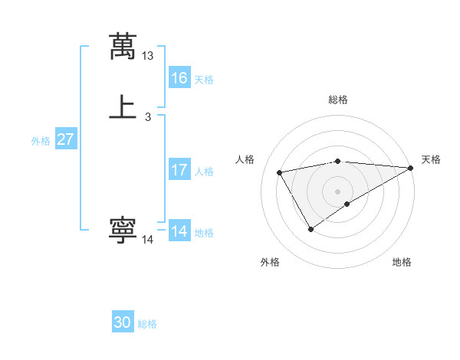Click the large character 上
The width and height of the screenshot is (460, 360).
pyautogui.click(x=123, y=107)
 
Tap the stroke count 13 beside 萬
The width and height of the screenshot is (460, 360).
pyautogui.click(x=148, y=56)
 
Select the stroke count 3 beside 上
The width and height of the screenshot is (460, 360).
pyautogui.click(x=148, y=117)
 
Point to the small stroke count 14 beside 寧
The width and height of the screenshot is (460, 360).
pyautogui.click(x=148, y=240)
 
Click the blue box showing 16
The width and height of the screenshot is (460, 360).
pyautogui.click(x=179, y=78)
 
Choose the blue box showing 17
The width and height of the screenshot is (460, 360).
pyautogui.click(x=179, y=170)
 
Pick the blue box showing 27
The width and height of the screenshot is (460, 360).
pyautogui.click(x=66, y=140)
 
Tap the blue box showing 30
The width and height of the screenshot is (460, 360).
pyautogui.click(x=123, y=323)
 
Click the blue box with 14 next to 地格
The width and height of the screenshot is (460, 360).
pyautogui.click(x=179, y=231)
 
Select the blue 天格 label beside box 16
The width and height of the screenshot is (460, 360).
pyautogui.click(x=204, y=80)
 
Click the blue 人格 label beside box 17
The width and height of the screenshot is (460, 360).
pyautogui.click(x=204, y=172)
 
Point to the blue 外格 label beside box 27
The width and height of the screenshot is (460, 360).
pyautogui.click(x=41, y=141)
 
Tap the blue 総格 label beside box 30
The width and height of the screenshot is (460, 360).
pyautogui.click(x=147, y=325)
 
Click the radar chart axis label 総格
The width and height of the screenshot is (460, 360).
pyautogui.click(x=338, y=100)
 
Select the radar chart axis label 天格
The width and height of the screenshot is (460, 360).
pyautogui.click(x=431, y=159)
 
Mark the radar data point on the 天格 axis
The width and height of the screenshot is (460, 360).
pyautogui.click(x=412, y=168)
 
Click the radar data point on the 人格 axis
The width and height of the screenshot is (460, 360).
pyautogui.click(x=280, y=173)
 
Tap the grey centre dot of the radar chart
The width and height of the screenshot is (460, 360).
pyautogui.click(x=338, y=191)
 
